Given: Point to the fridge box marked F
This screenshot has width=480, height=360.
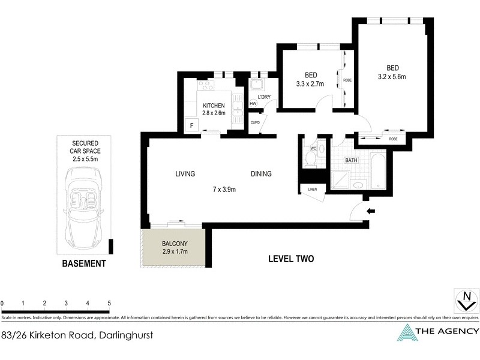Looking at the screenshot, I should click(191, 125).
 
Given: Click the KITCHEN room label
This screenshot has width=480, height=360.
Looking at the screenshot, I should click(214, 106).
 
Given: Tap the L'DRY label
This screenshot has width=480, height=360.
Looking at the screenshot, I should click(265, 97).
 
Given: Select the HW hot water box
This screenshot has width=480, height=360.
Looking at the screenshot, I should click(253, 103).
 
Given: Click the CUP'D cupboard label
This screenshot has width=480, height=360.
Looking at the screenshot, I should click(255, 122).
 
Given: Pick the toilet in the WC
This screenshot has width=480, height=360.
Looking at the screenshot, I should click(311, 158).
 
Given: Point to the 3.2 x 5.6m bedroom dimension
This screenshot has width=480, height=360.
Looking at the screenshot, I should click(392, 77).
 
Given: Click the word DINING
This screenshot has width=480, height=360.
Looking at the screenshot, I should click(261, 174).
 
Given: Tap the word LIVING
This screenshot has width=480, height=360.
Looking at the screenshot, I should click(185, 174).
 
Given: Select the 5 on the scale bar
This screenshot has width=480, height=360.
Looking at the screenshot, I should click(109, 303).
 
